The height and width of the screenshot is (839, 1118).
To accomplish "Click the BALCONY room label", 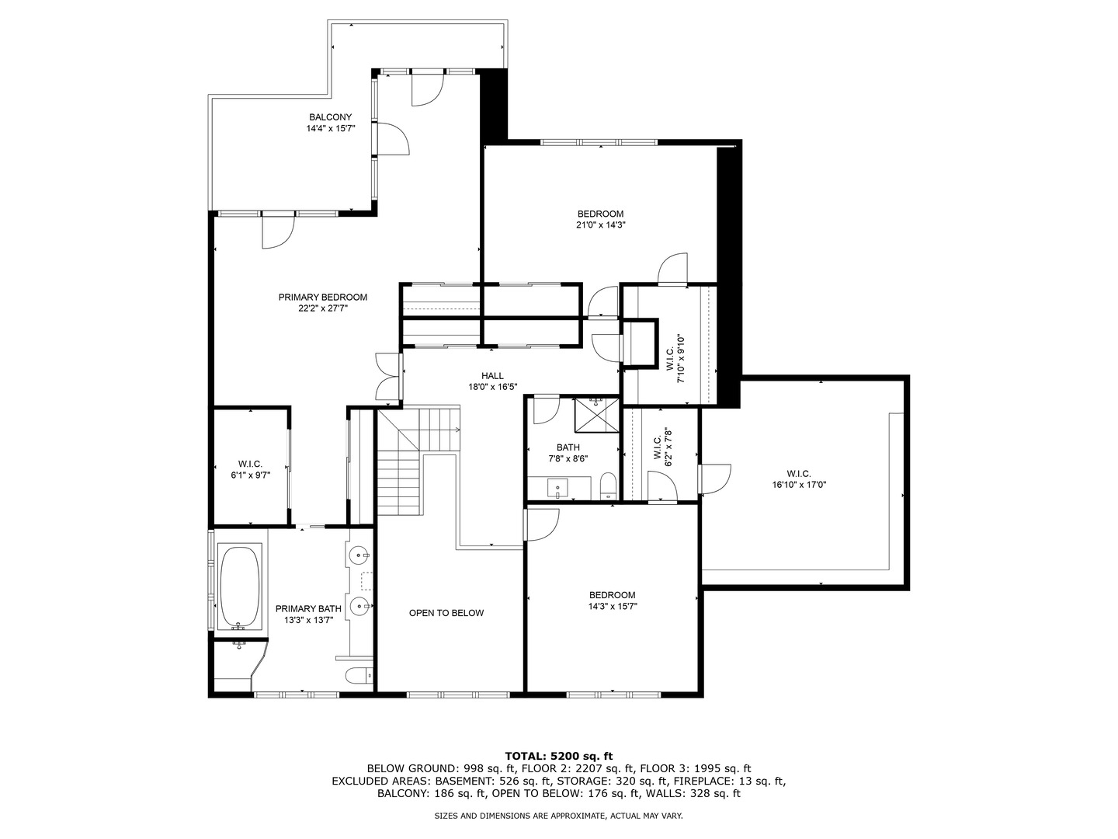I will [x=330, y=117].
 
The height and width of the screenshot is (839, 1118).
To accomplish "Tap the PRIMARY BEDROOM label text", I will [x=322, y=298].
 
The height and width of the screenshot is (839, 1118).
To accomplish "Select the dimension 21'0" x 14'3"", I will [x=600, y=225].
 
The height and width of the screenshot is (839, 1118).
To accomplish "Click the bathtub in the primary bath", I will [x=240, y=587].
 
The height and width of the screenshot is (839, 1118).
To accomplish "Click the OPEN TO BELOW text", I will [x=446, y=613].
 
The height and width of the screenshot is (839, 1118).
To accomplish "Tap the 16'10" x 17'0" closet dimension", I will [x=799, y=485].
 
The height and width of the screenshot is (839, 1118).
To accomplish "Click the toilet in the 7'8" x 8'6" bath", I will [x=609, y=487].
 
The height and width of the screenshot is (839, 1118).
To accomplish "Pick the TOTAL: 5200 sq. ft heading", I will [x=559, y=755].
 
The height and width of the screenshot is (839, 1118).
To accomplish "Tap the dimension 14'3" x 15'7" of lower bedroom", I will [x=612, y=607].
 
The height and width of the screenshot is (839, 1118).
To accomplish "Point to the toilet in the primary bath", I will [x=359, y=676].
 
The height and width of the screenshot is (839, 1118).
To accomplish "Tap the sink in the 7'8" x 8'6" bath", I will [x=559, y=490].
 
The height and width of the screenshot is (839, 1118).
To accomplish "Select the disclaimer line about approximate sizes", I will [x=558, y=816].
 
